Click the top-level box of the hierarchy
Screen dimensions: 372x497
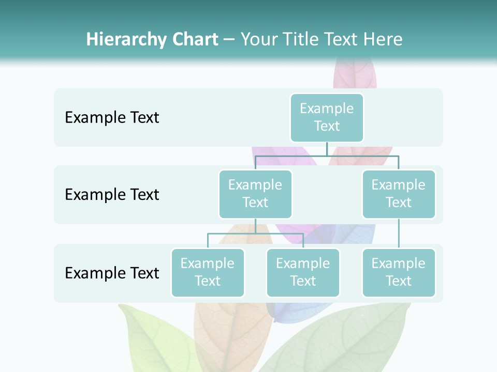[327, 117]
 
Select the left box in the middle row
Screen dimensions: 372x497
[255, 194]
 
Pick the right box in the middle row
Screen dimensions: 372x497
[398, 194]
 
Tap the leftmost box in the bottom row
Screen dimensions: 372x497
[208, 272]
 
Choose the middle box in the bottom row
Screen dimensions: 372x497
[303, 272]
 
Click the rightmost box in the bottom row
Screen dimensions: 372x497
[398, 272]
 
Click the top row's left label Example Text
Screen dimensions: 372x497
[112, 117]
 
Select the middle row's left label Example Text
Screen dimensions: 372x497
[112, 194]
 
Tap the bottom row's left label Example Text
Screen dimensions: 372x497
[112, 273]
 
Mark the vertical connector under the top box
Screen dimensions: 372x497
[327, 149]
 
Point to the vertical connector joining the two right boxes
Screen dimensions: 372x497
[399, 234]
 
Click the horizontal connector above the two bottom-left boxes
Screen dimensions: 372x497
[255, 234]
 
